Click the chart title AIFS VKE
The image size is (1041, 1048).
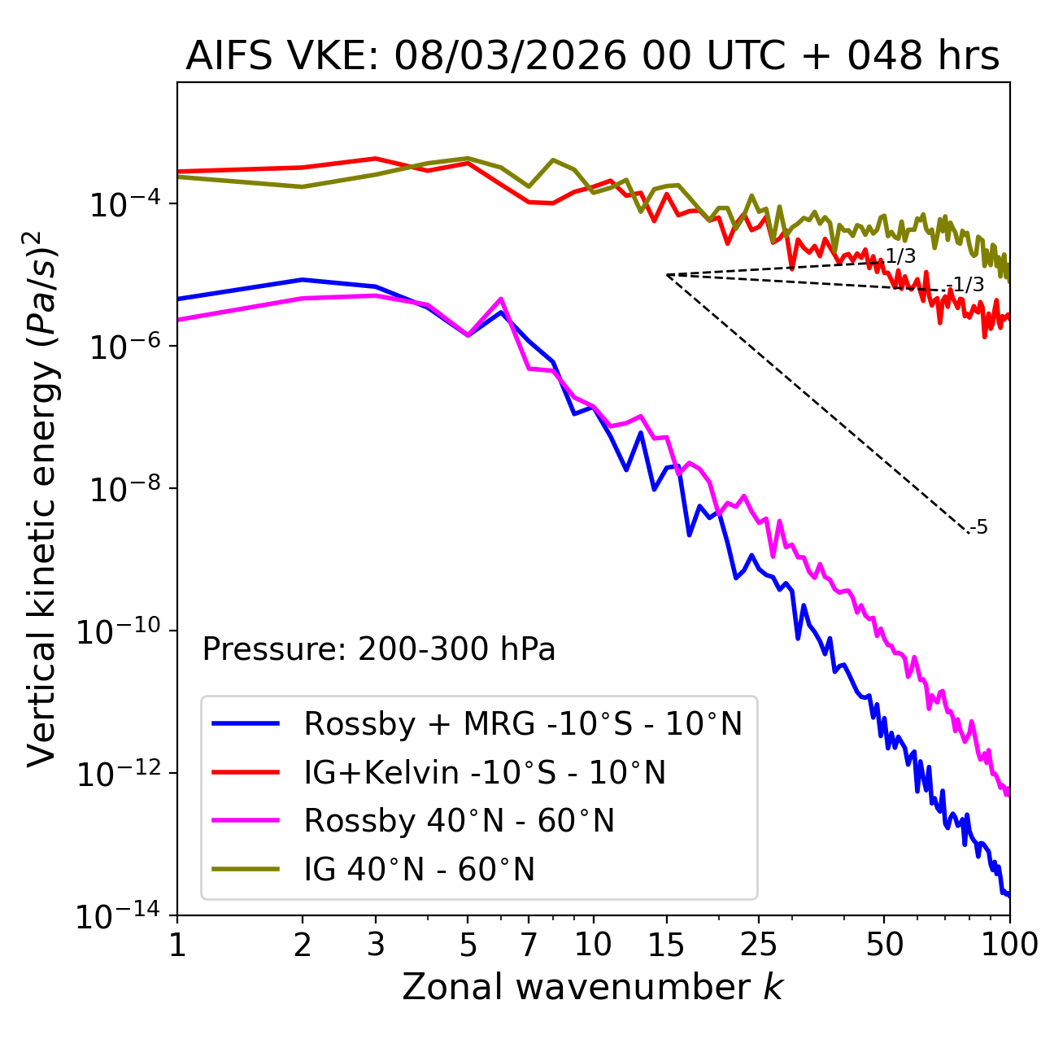(592, 57)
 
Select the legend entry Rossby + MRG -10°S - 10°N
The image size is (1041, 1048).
(522, 723)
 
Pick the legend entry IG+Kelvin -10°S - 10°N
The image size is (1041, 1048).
(485, 772)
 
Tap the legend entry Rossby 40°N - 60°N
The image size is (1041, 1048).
(459, 821)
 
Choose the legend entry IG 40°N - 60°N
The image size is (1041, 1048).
(419, 870)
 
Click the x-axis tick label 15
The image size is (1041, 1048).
(667, 945)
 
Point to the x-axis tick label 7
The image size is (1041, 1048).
(529, 945)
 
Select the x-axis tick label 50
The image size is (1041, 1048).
(884, 945)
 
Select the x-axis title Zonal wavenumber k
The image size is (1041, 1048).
(592, 987)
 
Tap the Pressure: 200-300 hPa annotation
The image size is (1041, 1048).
(378, 649)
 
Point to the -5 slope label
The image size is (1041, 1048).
(979, 528)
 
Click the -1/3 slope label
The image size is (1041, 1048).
(968, 286)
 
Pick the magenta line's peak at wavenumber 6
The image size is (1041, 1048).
(501, 299)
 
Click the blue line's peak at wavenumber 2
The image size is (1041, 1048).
(303, 279)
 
